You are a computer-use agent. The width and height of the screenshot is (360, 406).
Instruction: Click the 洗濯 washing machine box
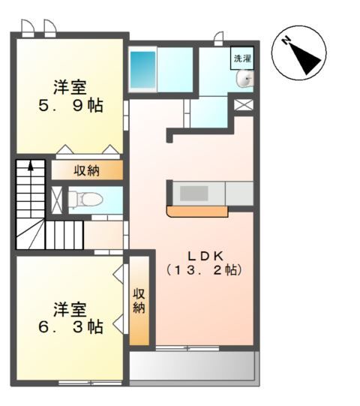tap(242, 58)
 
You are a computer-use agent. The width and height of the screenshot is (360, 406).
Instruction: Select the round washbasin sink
tap(244, 80)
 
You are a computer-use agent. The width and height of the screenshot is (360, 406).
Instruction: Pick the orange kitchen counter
tap(196, 212)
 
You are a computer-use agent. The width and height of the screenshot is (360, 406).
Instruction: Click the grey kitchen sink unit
tap(193, 193)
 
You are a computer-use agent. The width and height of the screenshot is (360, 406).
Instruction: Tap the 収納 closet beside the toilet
tap(86, 170)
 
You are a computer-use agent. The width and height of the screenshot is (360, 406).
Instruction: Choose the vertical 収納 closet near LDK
tap(139, 300)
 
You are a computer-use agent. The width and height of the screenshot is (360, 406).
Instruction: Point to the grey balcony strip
tap(193, 367)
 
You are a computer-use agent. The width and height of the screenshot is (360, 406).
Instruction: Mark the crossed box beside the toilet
tap(57, 199)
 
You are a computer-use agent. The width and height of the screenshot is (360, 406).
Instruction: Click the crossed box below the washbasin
tap(244, 104)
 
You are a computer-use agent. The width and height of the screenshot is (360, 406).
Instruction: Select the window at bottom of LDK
tap(187, 347)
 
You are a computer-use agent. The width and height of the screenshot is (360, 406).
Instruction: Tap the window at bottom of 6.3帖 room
tap(90, 383)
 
